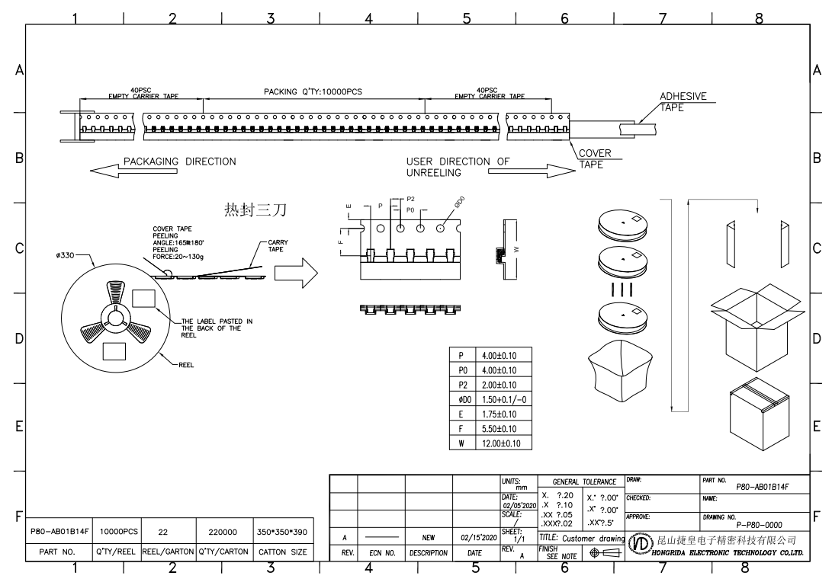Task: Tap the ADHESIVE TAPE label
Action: [683, 102]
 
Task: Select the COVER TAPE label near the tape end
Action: [595, 158]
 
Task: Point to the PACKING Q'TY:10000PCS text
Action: [313, 92]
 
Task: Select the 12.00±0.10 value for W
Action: [500, 443]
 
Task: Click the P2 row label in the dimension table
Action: [462, 385]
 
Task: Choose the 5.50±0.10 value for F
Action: [500, 429]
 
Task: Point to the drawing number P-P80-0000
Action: [758, 525]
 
